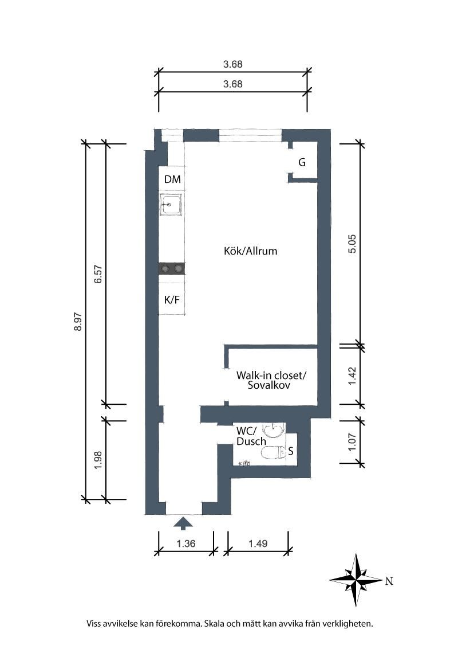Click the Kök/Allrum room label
[x=251, y=251]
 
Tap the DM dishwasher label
[x=172, y=179]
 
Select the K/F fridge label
[x=172, y=300]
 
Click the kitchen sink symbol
[x=171, y=204]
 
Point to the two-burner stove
[x=172, y=269]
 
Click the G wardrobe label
[x=302, y=162]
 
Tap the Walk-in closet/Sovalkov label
[x=271, y=380]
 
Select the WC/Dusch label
[x=251, y=436]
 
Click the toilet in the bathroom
[x=274, y=453]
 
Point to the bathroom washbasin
[x=274, y=431]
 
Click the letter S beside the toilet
[x=291, y=451]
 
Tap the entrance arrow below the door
[x=183, y=523]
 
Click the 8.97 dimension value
[x=78, y=322]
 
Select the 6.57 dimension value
[x=98, y=274]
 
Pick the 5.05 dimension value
[x=352, y=244]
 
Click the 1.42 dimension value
[x=352, y=376]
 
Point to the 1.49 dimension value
[x=258, y=544]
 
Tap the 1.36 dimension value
[x=186, y=544]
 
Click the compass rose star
[x=356, y=580]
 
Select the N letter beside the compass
[x=389, y=581]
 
